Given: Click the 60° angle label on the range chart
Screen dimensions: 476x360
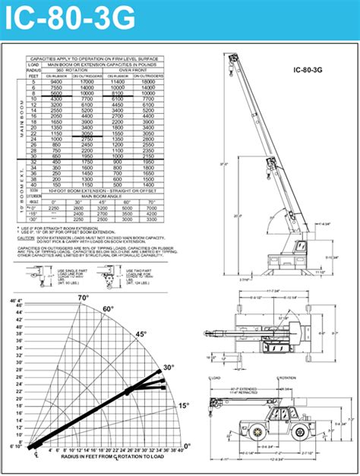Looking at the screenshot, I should pyautogui.click(x=108, y=309).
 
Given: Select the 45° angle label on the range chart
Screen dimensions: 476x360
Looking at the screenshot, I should pyautogui.click(x=141, y=334).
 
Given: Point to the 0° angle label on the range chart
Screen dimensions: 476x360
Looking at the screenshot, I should pyautogui.click(x=187, y=446).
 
